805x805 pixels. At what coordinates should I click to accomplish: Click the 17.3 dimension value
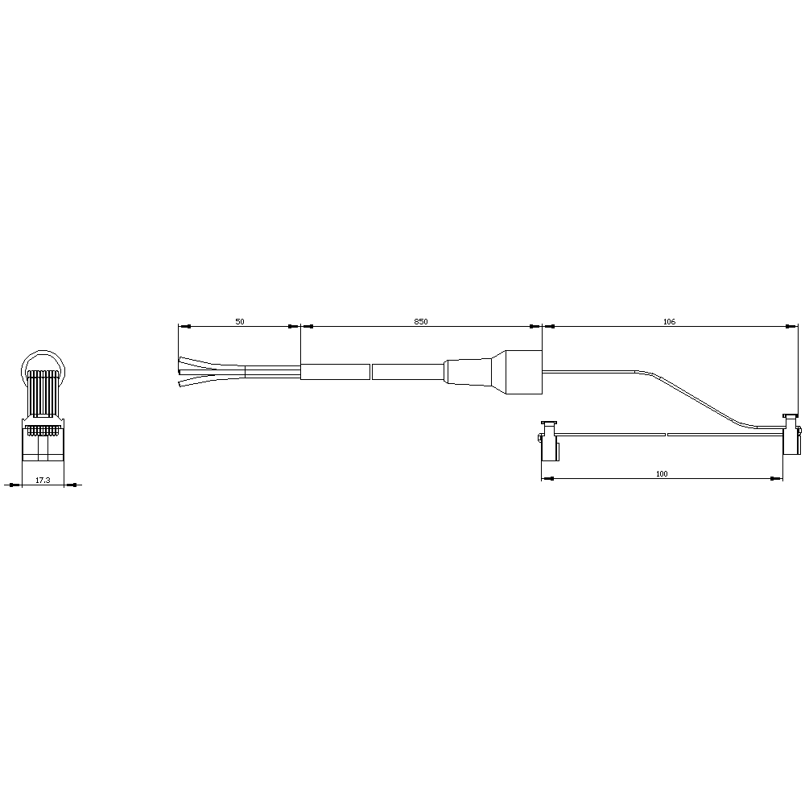[43, 480]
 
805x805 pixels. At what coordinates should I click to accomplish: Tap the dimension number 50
[240, 321]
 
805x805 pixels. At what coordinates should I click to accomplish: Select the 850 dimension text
[421, 321]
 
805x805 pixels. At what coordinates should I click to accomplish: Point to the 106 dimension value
[669, 321]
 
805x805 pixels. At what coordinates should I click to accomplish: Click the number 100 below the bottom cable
[662, 474]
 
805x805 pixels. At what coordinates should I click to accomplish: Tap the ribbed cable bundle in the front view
[43, 394]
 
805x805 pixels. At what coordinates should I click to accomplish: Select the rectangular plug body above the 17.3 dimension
[43, 443]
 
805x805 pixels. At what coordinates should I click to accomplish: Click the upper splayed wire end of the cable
[197, 361]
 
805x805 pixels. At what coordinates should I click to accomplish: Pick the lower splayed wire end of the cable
[197, 382]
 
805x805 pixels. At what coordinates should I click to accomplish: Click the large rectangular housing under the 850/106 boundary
[516, 372]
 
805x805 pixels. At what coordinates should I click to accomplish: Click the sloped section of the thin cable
[700, 398]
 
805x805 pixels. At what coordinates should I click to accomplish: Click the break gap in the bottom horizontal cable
[667, 435]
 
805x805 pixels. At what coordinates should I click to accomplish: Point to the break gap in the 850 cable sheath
[371, 372]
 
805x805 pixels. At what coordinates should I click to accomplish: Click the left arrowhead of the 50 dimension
[182, 327]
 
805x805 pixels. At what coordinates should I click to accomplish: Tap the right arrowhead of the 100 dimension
[778, 479]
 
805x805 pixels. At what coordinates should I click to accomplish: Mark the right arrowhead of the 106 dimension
[792, 327]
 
